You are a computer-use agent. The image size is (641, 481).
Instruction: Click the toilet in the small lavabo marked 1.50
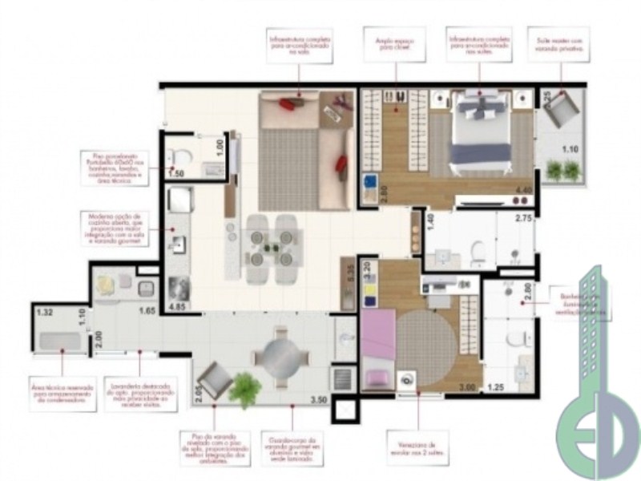[179, 156]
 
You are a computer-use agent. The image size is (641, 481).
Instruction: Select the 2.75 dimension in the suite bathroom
[524, 218]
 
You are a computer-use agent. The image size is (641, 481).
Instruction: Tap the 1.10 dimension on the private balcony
[570, 148]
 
